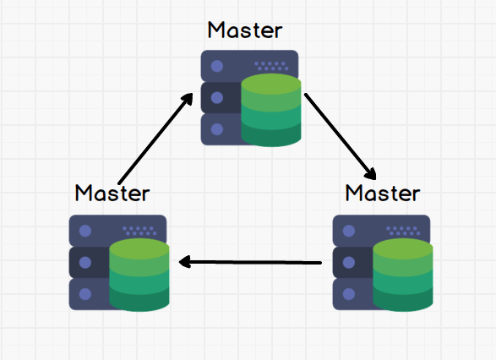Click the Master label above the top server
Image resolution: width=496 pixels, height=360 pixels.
click(x=245, y=30)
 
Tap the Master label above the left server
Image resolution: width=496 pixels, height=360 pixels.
click(x=112, y=193)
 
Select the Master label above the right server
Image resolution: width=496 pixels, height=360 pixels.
click(x=383, y=193)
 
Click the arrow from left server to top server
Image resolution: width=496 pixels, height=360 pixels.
click(x=155, y=139)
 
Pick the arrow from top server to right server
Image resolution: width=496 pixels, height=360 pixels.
click(x=341, y=137)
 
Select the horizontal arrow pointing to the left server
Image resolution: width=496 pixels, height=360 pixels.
click(x=250, y=262)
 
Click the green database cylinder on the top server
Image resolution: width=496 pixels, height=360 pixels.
click(x=271, y=110)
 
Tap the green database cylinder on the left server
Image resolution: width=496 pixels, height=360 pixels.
click(x=139, y=275)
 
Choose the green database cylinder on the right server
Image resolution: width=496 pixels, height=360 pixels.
click(x=403, y=275)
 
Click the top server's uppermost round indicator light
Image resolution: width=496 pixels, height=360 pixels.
click(x=217, y=66)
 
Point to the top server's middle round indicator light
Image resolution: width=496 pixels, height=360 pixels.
click(x=217, y=98)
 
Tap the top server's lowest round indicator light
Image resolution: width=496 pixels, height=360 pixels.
click(x=217, y=129)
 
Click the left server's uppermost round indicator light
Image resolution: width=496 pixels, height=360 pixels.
click(x=85, y=231)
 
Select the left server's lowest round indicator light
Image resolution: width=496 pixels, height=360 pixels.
click(x=85, y=294)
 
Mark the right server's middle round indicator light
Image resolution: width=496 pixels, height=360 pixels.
click(x=349, y=263)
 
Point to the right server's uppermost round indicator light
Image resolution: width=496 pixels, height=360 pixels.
click(x=349, y=231)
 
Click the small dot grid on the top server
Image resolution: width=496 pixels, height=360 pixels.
click(x=271, y=66)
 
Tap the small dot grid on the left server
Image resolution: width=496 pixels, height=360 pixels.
click(x=139, y=231)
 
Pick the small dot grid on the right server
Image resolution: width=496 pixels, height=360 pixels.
click(x=403, y=231)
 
